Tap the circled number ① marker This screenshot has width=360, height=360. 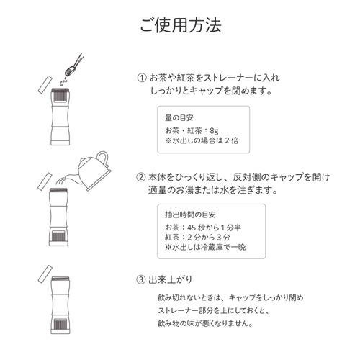pos(142,78)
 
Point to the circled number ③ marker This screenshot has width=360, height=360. pos(142,277)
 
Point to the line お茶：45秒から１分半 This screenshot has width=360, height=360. pos(203,230)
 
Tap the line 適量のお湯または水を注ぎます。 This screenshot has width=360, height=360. pos(214,192)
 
